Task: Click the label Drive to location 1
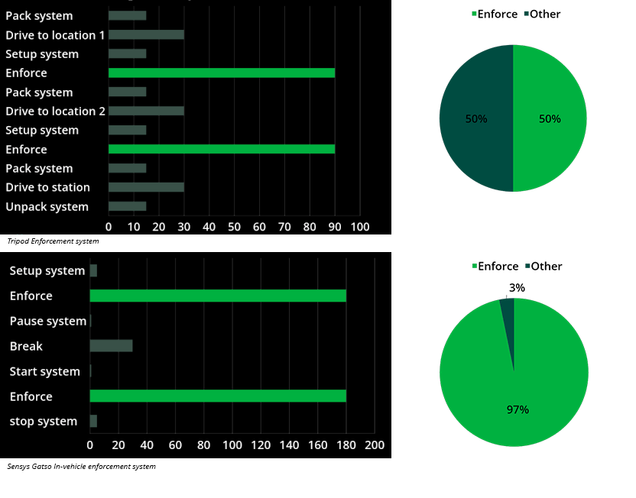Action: (55, 35)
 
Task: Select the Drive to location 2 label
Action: (55, 112)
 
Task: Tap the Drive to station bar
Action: (146, 187)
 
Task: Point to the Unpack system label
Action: (47, 207)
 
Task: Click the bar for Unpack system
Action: (127, 206)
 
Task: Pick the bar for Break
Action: (111, 346)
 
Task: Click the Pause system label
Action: (47, 321)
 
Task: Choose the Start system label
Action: (44, 371)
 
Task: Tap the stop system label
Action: (44, 422)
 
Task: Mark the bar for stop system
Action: (93, 422)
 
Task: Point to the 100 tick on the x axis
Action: (359, 227)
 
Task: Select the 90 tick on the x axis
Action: (334, 227)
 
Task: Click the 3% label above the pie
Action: (517, 288)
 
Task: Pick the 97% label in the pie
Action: (518, 409)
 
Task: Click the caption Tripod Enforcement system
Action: (53, 241)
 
